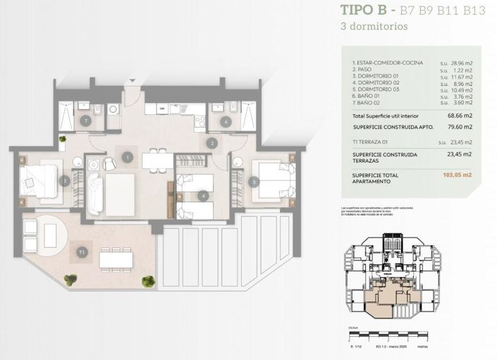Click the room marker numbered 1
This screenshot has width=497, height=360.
point(128,157)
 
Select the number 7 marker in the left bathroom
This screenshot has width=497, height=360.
point(86,121)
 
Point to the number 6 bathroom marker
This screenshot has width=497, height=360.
point(226,121)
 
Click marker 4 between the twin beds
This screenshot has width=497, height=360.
point(203,195)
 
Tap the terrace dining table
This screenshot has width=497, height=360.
point(116,259)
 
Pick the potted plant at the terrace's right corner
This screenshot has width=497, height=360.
point(148,281)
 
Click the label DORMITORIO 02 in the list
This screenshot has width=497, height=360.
point(377,82)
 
